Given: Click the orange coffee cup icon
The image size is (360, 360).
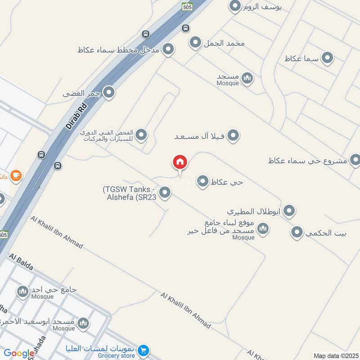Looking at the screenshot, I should [x=16, y=175].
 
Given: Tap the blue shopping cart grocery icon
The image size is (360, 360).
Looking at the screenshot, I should [x=143, y=350].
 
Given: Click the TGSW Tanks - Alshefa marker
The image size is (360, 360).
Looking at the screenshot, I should [x=165, y=193].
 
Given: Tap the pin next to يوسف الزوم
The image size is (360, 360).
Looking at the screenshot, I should [x=234, y=6].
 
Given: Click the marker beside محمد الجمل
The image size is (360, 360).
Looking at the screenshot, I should [x=195, y=43].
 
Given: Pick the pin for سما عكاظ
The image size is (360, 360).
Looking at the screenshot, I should [x=328, y=58].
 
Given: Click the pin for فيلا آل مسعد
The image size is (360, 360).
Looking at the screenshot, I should [x=233, y=135].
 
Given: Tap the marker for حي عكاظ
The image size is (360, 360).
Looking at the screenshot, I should [x=203, y=181].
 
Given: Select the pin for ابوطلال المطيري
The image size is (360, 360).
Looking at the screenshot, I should [x=289, y=210].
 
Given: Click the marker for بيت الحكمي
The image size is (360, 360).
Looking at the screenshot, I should [x=296, y=233].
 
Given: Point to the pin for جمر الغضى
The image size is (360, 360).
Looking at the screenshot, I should [x=108, y=93].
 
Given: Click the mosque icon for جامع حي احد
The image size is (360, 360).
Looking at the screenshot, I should [x=22, y=292].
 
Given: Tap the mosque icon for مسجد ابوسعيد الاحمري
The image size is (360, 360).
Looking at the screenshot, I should [x=83, y=323].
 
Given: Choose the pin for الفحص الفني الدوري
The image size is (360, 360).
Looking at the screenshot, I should [x=141, y=135].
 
